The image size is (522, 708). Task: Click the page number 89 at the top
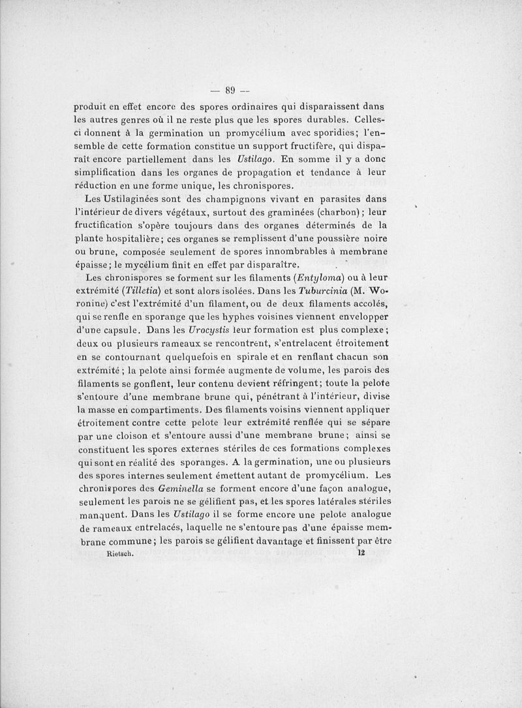[x=230, y=91]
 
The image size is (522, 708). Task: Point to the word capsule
[x=112, y=330]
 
